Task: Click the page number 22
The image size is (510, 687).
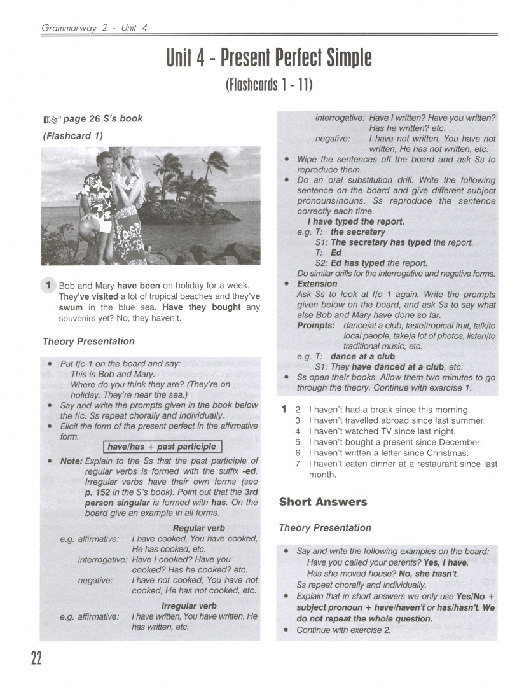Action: click(36, 658)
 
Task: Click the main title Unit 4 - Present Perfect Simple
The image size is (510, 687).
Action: click(268, 59)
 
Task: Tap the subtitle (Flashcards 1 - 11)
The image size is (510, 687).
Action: click(268, 85)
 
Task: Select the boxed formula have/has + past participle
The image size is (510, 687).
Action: click(162, 447)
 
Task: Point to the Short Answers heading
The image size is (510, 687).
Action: click(323, 502)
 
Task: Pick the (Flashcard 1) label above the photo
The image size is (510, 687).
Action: click(72, 135)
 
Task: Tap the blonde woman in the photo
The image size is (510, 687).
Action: click(130, 210)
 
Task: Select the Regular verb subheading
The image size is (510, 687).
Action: click(198, 528)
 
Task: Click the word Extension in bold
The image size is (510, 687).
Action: click(317, 284)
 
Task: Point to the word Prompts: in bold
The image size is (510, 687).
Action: click(316, 325)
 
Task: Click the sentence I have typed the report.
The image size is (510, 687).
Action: click(355, 222)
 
